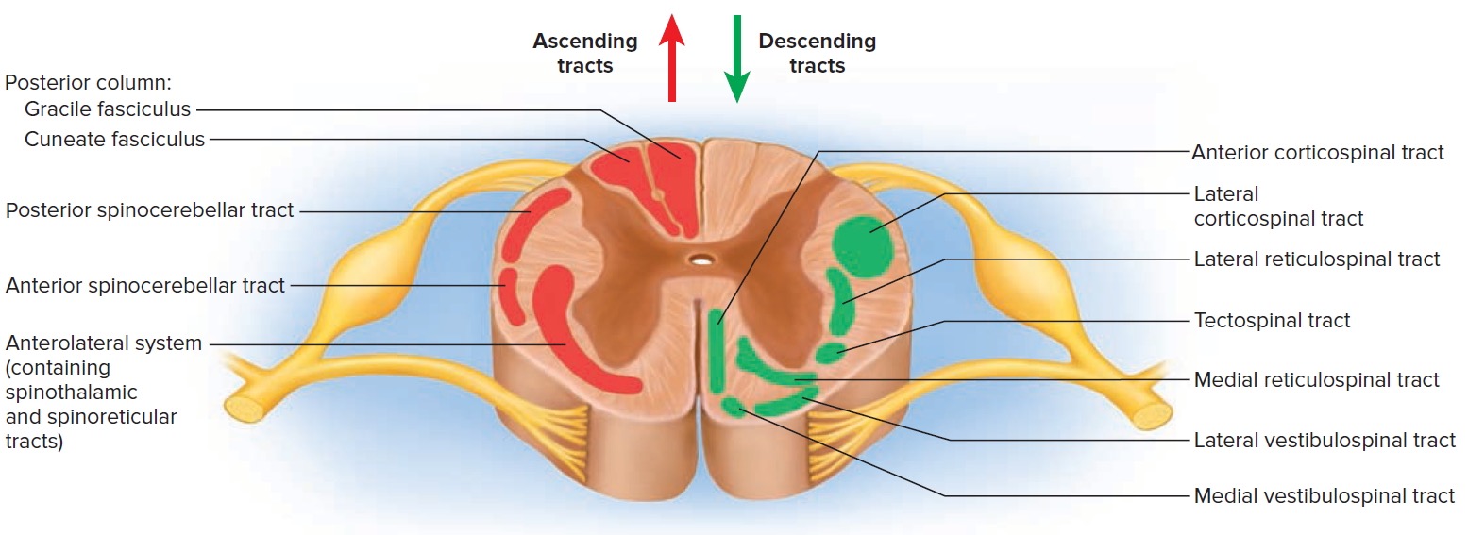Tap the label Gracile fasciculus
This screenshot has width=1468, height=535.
108,109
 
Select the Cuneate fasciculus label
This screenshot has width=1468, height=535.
114,140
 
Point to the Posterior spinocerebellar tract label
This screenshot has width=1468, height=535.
150,209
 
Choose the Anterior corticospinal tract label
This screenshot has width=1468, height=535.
1317,152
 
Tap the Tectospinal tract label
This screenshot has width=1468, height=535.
1272,320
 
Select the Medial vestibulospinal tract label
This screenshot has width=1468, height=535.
1324,495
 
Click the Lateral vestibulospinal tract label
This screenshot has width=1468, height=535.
1325,440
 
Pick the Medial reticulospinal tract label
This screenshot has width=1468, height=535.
1316,379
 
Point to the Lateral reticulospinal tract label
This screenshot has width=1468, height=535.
1317,259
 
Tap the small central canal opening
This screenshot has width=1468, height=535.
700,259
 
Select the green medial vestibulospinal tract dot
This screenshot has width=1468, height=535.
732,407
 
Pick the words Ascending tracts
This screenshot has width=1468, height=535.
585,53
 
